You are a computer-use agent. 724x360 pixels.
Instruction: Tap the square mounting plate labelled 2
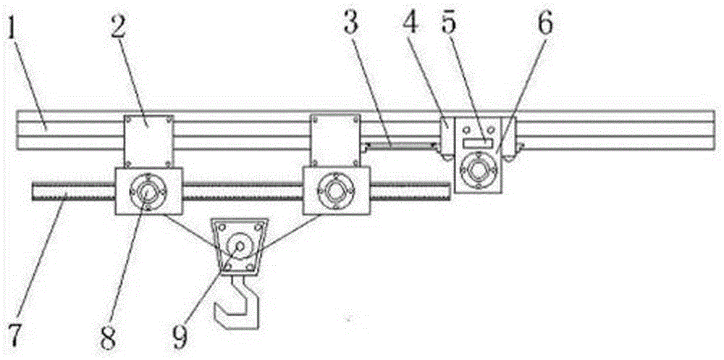pos(148,141)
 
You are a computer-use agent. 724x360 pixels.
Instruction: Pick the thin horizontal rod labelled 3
pos(398,146)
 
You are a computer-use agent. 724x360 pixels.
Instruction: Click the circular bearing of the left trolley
pos(148,191)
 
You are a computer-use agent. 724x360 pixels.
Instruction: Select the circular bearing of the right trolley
pos(336,191)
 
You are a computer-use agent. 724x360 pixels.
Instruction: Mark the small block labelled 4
pos(447,136)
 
